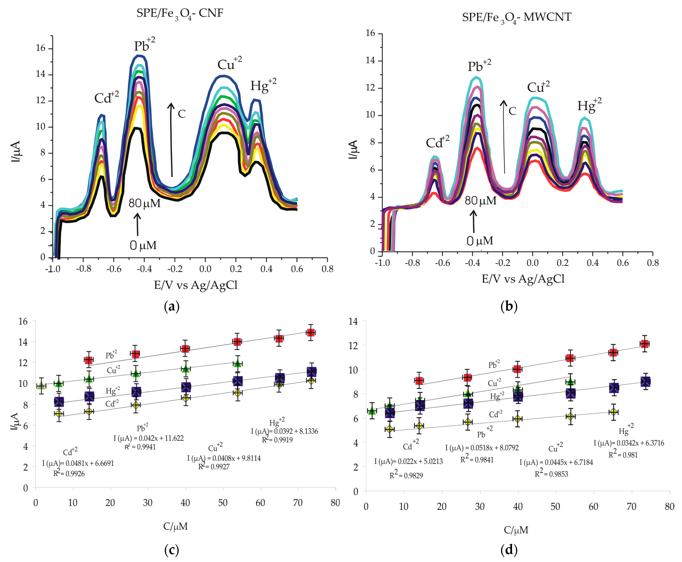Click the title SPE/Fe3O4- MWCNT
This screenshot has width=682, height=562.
pos(517,18)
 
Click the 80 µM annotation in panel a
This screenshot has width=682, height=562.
pos(144,203)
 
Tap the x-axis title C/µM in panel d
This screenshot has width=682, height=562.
pos(516,530)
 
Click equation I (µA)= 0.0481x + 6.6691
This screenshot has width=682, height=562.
pos(78,463)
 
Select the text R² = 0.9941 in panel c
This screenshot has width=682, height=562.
pos(140,447)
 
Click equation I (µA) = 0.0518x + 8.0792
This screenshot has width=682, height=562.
pos(482,448)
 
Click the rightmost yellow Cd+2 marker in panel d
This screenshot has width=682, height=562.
pos(613,412)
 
